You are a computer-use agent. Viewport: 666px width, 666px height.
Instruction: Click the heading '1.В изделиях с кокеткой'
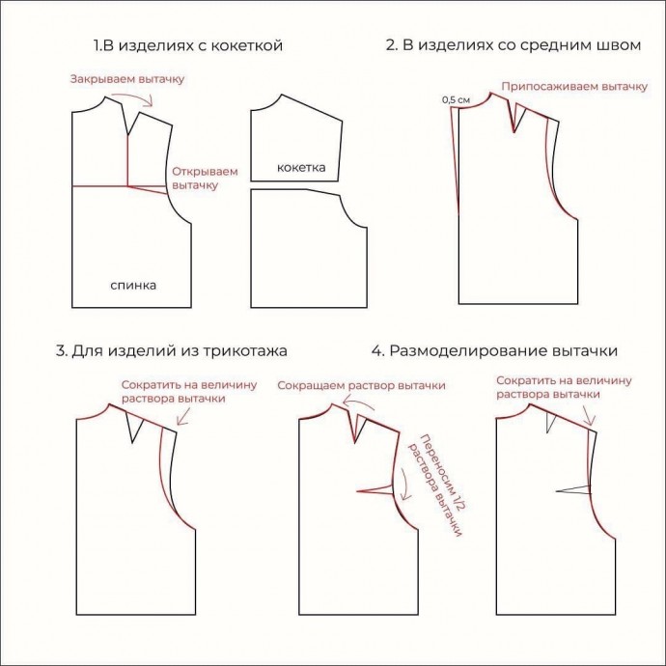pyautogui.click(x=188, y=45)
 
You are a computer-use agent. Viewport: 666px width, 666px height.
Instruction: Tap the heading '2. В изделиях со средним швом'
pyautogui.click(x=513, y=45)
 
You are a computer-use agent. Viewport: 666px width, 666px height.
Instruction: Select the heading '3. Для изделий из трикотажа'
pyautogui.click(x=171, y=351)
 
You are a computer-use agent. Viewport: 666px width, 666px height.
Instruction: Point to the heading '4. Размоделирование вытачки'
pyautogui.click(x=494, y=351)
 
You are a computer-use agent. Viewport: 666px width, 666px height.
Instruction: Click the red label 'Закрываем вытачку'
pyautogui.click(x=127, y=79)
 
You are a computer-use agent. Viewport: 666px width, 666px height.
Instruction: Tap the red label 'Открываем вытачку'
pyautogui.click(x=205, y=179)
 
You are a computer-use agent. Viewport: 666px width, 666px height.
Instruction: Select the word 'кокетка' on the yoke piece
pyautogui.click(x=301, y=167)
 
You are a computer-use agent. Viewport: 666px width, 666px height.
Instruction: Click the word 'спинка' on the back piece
pyautogui.click(x=133, y=285)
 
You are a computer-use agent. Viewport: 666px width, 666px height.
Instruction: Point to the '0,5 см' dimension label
pyautogui.click(x=456, y=100)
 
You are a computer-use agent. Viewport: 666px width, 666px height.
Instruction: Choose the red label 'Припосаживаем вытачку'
pyautogui.click(x=574, y=87)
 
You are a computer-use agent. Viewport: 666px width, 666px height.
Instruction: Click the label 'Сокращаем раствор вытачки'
pyautogui.click(x=361, y=386)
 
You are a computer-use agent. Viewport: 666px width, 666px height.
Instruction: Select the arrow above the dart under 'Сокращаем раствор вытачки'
pyautogui.click(x=358, y=400)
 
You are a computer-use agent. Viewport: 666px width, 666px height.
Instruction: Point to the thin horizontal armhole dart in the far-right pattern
pyautogui.click(x=573, y=489)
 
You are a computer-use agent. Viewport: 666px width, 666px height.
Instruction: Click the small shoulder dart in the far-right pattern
pyautogui.click(x=551, y=422)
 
